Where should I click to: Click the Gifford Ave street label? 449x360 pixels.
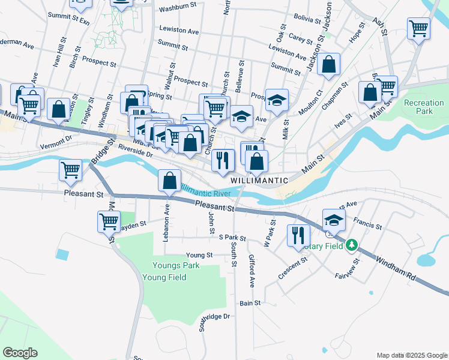[x=252, y=269]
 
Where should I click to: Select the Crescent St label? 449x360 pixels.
[x=292, y=268]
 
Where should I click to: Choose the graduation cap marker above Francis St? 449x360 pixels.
[x=334, y=220]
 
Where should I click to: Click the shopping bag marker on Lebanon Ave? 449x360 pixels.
[x=170, y=180]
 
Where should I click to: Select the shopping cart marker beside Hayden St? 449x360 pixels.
[x=109, y=221]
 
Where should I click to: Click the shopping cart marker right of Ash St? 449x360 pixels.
[x=418, y=27]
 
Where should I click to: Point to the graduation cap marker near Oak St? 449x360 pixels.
[x=277, y=100]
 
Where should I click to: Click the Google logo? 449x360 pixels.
[x=20, y=353]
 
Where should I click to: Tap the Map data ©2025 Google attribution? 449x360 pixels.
[x=411, y=355]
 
